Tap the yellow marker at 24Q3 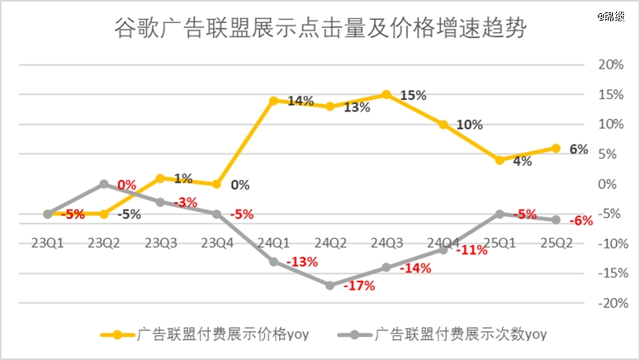386,95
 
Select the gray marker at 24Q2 329,285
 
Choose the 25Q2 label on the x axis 556,243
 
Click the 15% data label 413,96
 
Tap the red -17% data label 358,287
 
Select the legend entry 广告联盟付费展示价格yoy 207,334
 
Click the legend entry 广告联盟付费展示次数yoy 449,334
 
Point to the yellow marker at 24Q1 273,101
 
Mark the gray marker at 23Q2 104,184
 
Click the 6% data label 578,149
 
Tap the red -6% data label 581,220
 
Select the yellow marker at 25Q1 499,160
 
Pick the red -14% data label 415,268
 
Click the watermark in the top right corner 622,16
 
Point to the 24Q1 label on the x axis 273,243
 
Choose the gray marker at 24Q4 443,249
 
